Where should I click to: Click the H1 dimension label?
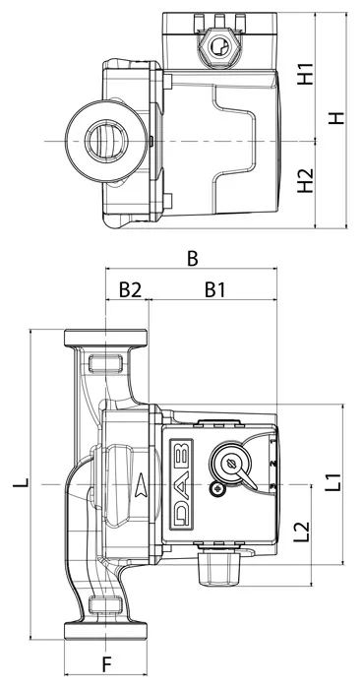[x=306, y=74]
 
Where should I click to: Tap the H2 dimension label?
[x=306, y=180]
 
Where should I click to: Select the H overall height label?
[x=336, y=118]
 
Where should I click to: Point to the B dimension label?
[x=193, y=259]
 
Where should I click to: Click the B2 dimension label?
[x=131, y=289]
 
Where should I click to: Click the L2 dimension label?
[x=302, y=532]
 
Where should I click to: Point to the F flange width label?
[x=106, y=664]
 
